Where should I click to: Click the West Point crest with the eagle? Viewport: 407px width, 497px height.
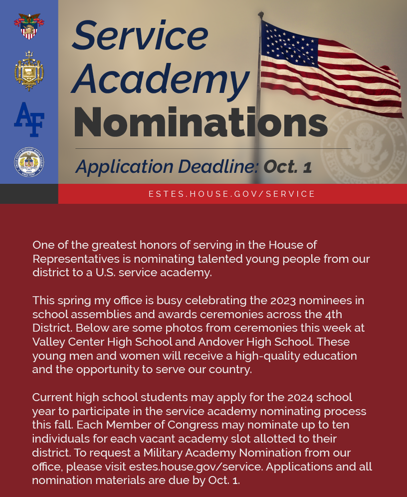pyautogui.click(x=29, y=26)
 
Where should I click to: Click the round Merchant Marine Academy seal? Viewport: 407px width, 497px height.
pyautogui.click(x=29, y=162)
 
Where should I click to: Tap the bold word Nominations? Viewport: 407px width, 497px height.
pyautogui.click(x=200, y=122)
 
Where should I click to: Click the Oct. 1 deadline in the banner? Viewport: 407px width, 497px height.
pyautogui.click(x=288, y=166)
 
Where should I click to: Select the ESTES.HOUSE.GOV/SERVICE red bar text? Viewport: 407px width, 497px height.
pyautogui.click(x=232, y=194)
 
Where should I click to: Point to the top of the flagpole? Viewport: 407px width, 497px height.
pyautogui.click(x=260, y=14)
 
